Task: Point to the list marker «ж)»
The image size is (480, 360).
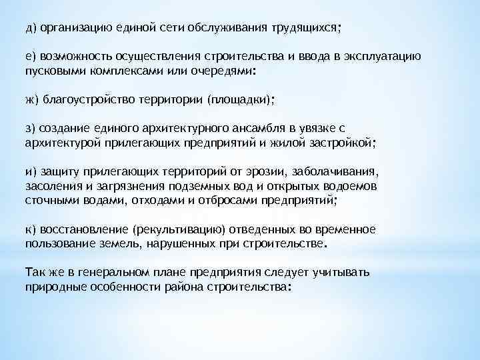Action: [32, 100]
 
